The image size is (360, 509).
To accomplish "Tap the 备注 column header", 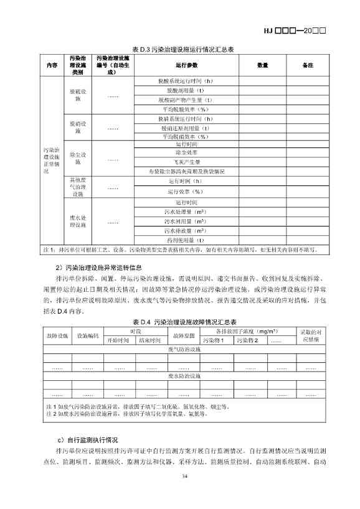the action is tap(307, 65).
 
